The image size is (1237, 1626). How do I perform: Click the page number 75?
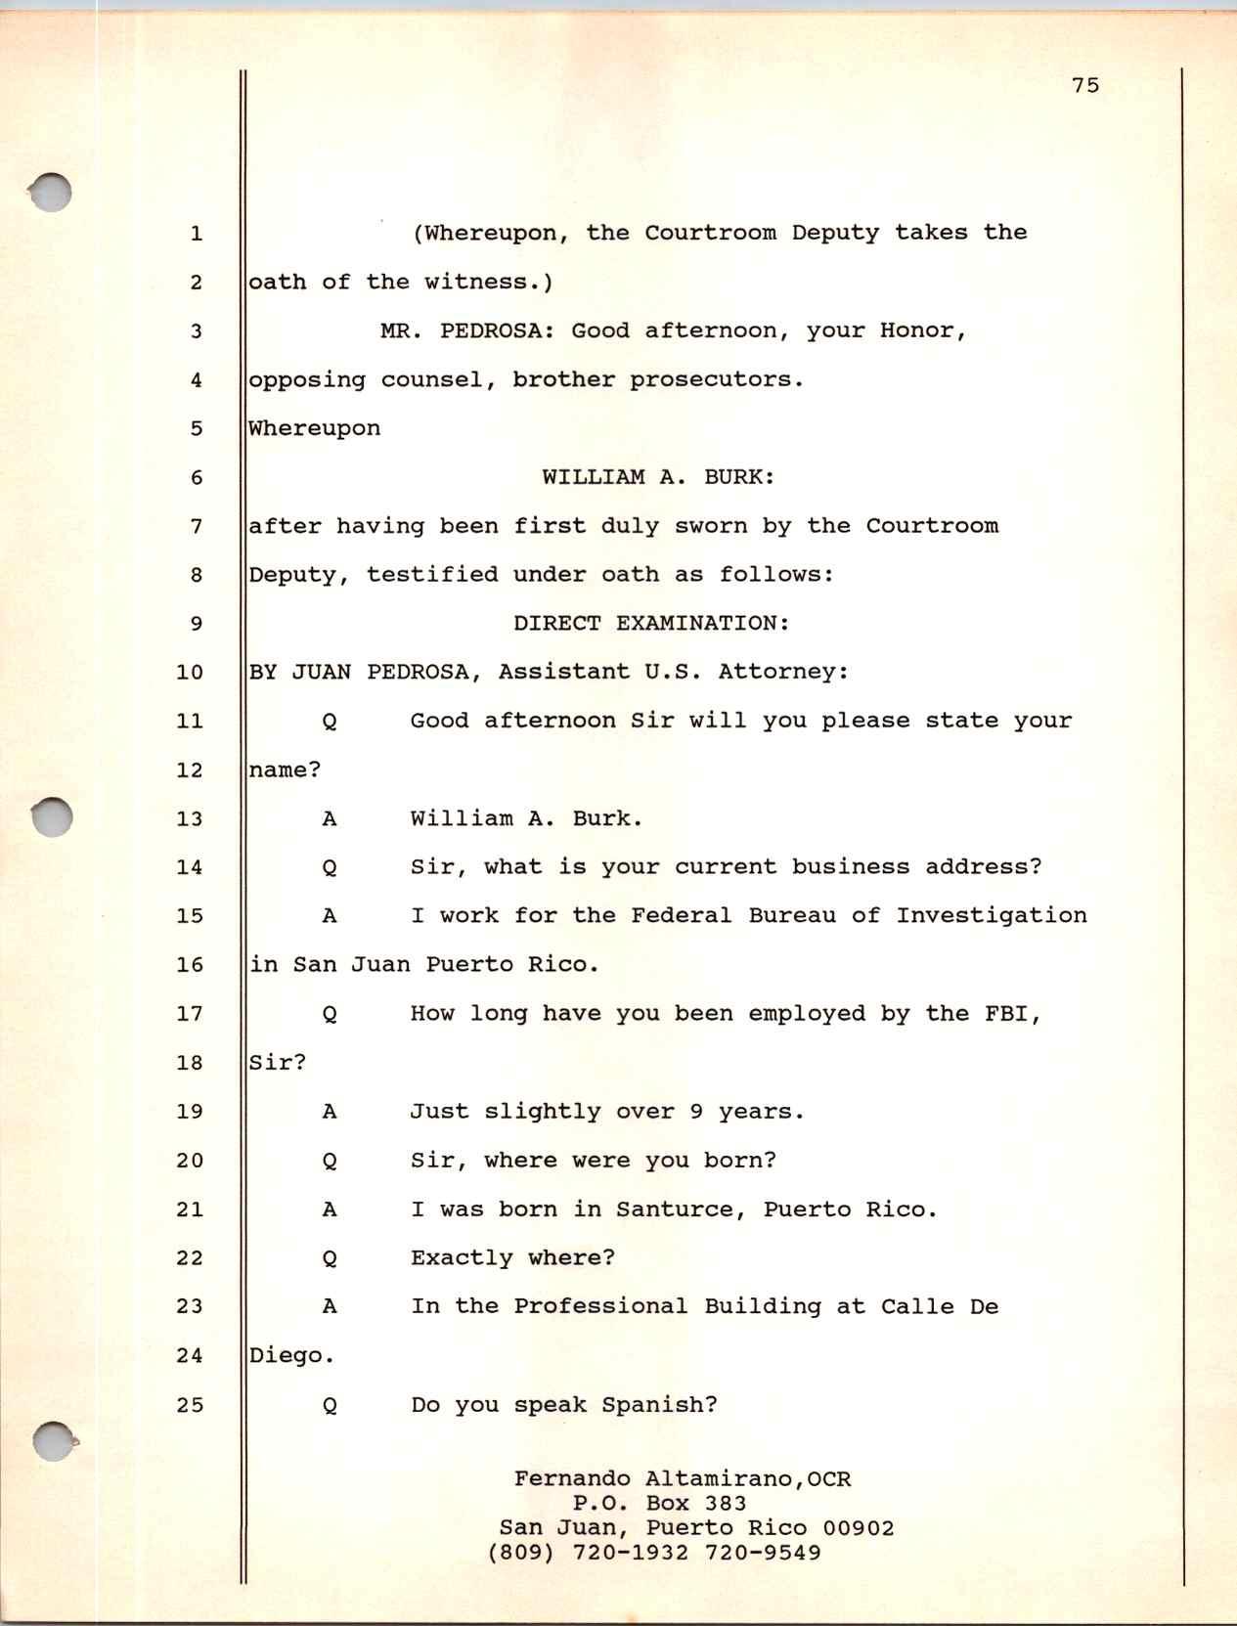click(x=1085, y=86)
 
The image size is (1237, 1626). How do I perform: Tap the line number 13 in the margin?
click(x=189, y=819)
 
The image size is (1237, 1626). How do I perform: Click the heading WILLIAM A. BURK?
click(x=658, y=477)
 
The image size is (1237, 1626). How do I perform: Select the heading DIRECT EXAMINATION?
click(x=651, y=624)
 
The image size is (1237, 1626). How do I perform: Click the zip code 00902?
click(x=858, y=1528)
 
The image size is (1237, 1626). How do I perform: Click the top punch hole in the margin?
click(x=51, y=193)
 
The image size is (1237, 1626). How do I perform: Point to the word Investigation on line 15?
click(x=991, y=916)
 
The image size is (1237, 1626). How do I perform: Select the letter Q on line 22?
click(x=330, y=1259)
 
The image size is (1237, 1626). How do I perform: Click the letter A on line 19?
click(x=330, y=1112)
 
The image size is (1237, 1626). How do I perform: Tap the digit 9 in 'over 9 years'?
click(x=696, y=1112)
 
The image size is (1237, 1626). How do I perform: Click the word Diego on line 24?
click(x=286, y=1356)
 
